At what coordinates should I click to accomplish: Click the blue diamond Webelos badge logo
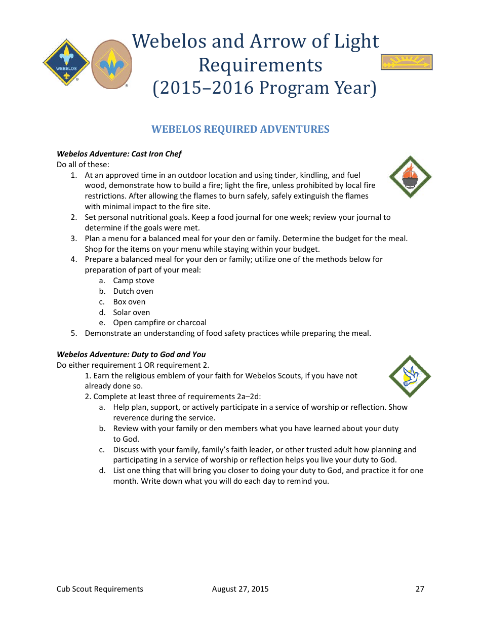pyautogui.click(x=66, y=63)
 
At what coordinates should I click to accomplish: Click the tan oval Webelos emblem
pyautogui.click(x=111, y=64)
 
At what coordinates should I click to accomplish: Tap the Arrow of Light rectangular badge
pyautogui.click(x=407, y=62)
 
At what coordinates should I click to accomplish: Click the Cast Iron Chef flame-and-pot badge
pyautogui.click(x=410, y=177)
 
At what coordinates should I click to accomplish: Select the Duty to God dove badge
pyautogui.click(x=410, y=376)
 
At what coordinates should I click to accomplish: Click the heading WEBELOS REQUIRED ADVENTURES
pyautogui.click(x=240, y=129)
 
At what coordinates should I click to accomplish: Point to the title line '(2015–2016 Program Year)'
pyautogui.click(x=265, y=88)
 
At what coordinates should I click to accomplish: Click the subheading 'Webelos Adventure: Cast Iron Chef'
pyautogui.click(x=119, y=154)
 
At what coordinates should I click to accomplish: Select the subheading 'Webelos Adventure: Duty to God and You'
pyautogui.click(x=131, y=355)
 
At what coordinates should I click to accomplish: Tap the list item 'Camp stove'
pyautogui.click(x=134, y=281)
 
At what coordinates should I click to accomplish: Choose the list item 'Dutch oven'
pyautogui.click(x=133, y=291)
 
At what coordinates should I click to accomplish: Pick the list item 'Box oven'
pyautogui.click(x=129, y=302)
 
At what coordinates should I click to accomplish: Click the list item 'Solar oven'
pyautogui.click(x=132, y=313)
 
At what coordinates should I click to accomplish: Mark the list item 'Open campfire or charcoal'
pyautogui.click(x=159, y=323)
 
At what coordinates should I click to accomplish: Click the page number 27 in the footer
pyautogui.click(x=420, y=589)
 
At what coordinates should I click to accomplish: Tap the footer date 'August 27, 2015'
pyautogui.click(x=240, y=589)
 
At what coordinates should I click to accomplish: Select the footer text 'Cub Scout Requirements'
pyautogui.click(x=100, y=589)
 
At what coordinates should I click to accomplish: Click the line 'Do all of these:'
pyautogui.click(x=83, y=165)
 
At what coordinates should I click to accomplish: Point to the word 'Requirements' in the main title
pyautogui.click(x=260, y=65)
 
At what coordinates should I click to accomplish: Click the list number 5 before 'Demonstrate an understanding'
pyautogui.click(x=73, y=333)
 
